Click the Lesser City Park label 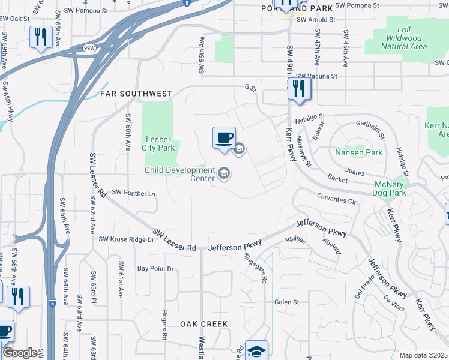click(x=158, y=143)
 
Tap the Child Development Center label click(x=179, y=174)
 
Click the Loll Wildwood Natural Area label click(x=403, y=37)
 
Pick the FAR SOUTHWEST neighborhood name click(x=136, y=94)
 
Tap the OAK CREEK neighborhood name click(x=204, y=324)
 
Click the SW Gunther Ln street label click(x=134, y=193)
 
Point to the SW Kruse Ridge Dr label click(x=127, y=239)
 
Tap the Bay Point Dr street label click(x=155, y=268)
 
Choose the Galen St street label click(x=286, y=302)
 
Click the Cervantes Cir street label click(x=337, y=198)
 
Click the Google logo click(x=20, y=353)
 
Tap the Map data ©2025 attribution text click(x=423, y=355)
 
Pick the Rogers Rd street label click(x=164, y=325)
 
